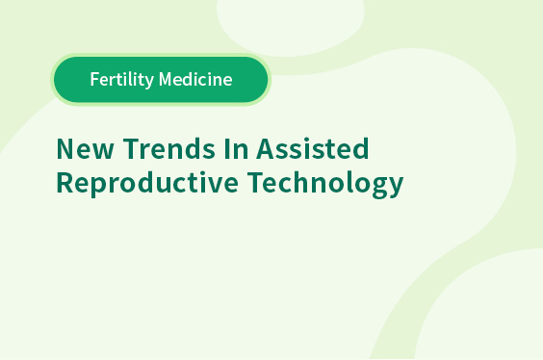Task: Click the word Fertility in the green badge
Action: click(122, 80)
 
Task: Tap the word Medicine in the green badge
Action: click(195, 79)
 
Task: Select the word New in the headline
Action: click(85, 148)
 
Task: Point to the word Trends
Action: click(169, 148)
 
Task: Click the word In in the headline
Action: click(236, 148)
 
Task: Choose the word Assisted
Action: click(313, 148)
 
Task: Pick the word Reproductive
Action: click(147, 183)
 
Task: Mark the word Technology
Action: click(325, 183)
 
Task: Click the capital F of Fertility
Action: click(95, 79)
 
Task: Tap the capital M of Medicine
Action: click(166, 79)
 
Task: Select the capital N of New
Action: click(65, 148)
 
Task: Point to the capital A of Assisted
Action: click(266, 148)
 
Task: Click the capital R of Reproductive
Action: click(65, 182)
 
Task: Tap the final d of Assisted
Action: click(360, 148)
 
